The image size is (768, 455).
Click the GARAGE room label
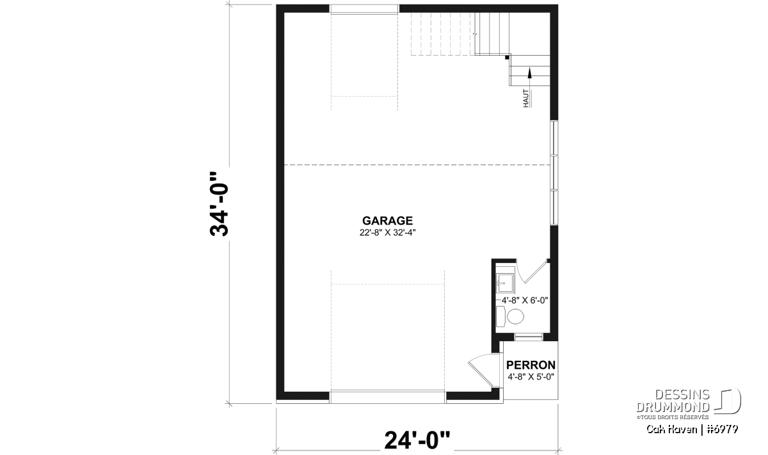click(387, 221)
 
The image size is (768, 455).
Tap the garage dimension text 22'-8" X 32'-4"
click(387, 232)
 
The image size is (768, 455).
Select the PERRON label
click(531, 365)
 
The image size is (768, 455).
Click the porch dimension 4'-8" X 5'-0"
click(531, 377)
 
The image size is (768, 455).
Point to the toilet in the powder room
click(510, 317)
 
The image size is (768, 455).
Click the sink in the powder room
click(505, 283)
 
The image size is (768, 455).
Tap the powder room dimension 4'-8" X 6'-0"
click(525, 300)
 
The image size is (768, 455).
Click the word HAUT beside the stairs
click(526, 99)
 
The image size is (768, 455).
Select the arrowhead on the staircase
click(530, 73)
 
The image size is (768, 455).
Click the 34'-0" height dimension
click(218, 204)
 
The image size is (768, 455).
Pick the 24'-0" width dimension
click(417, 440)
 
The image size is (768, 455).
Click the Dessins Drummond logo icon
click(728, 401)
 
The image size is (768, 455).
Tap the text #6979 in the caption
click(722, 429)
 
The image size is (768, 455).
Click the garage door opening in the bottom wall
click(387, 397)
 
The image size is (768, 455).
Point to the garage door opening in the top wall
click(364, 9)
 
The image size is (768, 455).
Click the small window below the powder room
click(529, 337)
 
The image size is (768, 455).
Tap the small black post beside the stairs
click(507, 57)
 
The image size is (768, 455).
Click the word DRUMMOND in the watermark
click(673, 407)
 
